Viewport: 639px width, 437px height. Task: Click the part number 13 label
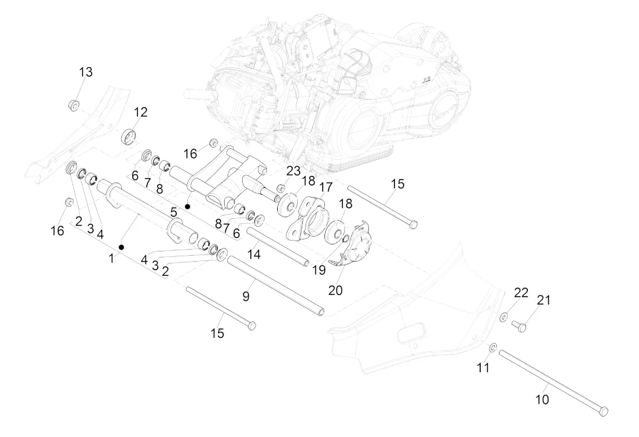[86, 73]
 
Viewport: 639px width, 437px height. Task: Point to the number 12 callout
[140, 112]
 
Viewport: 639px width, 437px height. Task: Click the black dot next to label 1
[122, 247]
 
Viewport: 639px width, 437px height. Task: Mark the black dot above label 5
[188, 207]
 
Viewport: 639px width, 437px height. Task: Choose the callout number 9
[246, 296]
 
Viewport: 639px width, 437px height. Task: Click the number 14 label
[254, 254]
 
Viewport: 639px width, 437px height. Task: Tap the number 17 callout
[326, 187]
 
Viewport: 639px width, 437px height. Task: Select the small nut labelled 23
[281, 189]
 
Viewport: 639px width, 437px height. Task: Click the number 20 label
[335, 290]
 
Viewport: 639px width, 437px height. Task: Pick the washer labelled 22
[503, 315]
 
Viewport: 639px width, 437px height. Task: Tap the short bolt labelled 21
[518, 326]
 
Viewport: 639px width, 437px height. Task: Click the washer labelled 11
[492, 347]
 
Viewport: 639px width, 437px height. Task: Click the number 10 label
[542, 400]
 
